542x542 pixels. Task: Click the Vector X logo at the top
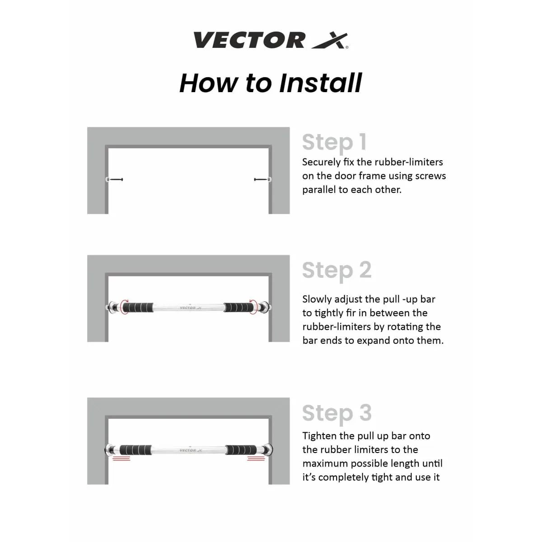pos(271,40)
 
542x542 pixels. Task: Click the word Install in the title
pos(320,83)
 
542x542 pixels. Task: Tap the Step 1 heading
pos(334,142)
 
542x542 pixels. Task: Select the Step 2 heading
pos(336,270)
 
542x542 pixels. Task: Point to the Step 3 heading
pos(337,413)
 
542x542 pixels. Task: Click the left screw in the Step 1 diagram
pos(116,179)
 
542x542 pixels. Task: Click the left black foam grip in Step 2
pos(138,308)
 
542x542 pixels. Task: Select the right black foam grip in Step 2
pos(239,308)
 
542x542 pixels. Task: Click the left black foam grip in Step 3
pos(135,450)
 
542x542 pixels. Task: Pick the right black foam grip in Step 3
pos(242,450)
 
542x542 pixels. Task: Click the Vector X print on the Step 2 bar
pos(191,308)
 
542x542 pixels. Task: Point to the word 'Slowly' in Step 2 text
pos(318,299)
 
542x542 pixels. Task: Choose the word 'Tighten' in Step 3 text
pos(319,436)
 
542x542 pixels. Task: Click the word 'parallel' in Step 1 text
pos(319,190)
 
